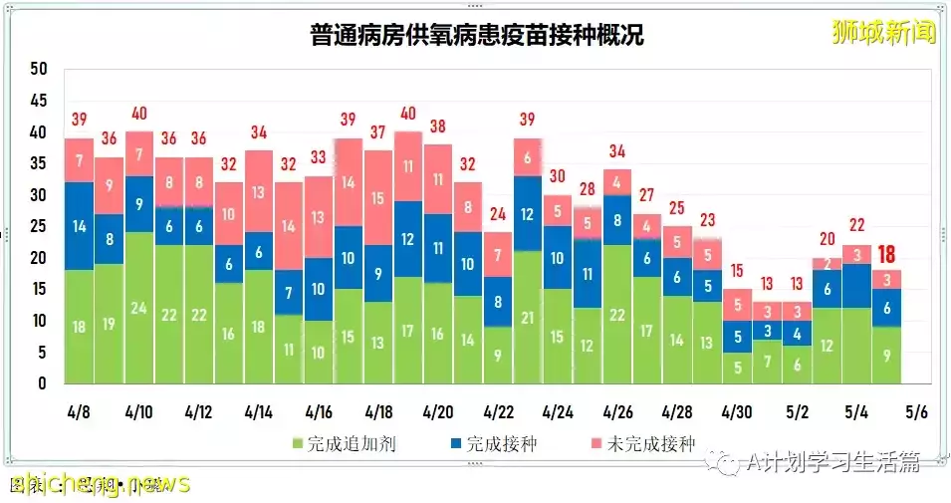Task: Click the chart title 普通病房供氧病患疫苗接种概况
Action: point(476,36)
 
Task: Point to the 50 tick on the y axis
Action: point(39,69)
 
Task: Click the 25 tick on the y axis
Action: point(39,226)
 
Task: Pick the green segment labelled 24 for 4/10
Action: point(139,308)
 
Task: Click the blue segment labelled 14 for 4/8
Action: point(80,226)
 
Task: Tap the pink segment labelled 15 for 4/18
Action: point(378,198)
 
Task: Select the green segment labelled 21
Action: point(528,318)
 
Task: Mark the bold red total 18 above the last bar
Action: point(886,254)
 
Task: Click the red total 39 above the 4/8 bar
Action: point(80,121)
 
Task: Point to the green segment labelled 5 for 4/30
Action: point(737,368)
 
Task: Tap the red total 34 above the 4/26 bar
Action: point(617,151)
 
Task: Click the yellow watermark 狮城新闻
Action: point(884,32)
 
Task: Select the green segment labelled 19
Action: point(110,324)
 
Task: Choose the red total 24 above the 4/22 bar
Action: point(498,214)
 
